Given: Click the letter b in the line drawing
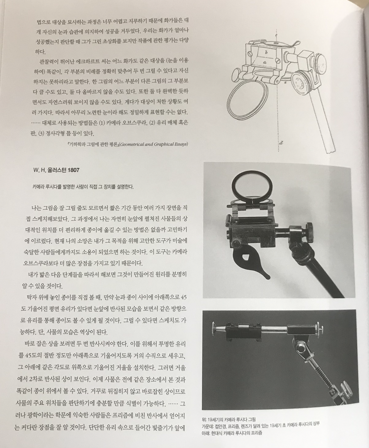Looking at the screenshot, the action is click(x=266, y=52).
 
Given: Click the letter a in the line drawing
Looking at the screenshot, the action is click(x=264, y=62).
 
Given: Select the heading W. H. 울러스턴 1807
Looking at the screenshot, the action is click(x=56, y=170).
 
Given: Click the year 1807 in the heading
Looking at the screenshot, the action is click(x=74, y=170).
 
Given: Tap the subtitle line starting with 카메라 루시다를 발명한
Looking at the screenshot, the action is click(x=83, y=187).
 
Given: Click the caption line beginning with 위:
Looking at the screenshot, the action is click(x=228, y=419).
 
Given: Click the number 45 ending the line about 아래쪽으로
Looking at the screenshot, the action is click(x=184, y=297).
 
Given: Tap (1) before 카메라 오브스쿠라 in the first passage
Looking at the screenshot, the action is click(x=102, y=123).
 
